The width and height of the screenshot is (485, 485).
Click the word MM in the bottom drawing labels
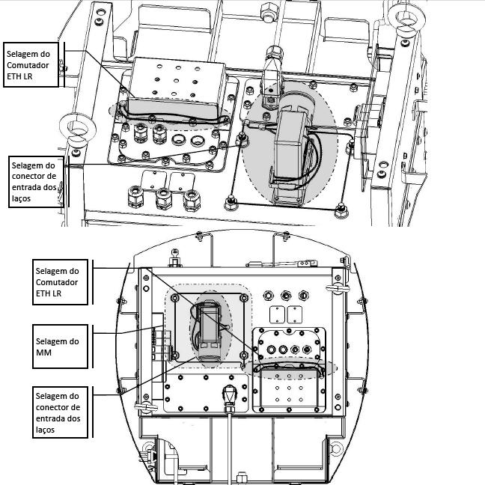coord(43,353)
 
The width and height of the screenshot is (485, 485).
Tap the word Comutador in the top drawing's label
coord(28,65)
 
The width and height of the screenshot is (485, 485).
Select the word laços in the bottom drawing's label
coord(45,430)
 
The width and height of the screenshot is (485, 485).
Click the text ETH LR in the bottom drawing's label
coord(49,293)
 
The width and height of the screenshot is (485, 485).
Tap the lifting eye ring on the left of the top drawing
coord(77,127)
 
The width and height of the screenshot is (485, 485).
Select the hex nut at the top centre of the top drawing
coord(268,13)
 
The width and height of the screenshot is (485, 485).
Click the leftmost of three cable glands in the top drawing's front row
coord(135,196)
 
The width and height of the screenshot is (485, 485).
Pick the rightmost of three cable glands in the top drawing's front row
coord(192,201)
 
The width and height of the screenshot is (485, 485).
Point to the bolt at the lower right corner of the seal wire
coord(341,210)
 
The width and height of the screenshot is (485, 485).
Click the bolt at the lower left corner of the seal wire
coord(231,203)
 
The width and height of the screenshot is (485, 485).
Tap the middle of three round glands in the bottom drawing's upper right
coord(286,296)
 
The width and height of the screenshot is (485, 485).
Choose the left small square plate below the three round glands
coord(277,314)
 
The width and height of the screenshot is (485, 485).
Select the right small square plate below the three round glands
coord(294,314)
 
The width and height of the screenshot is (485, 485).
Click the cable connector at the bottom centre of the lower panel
coord(229,397)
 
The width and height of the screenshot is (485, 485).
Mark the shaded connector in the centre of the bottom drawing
coord(210,332)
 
